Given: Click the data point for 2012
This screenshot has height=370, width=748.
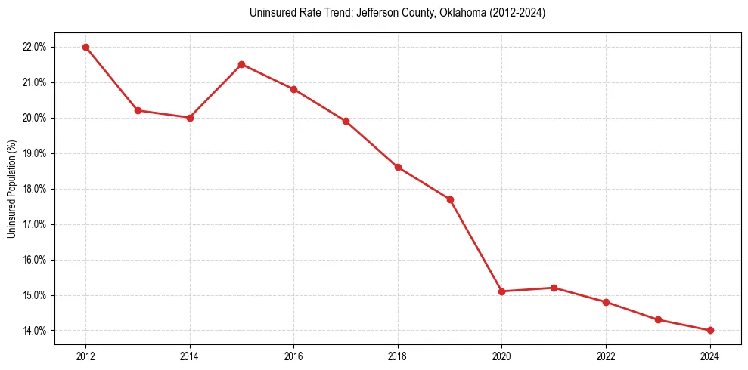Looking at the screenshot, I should pyautogui.click(x=85, y=47).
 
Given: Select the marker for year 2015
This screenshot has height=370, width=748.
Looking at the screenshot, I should pyautogui.click(x=241, y=64).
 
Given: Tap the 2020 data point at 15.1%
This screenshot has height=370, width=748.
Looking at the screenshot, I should pyautogui.click(x=501, y=291).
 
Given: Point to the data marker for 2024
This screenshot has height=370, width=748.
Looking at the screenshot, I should pyautogui.click(x=710, y=330).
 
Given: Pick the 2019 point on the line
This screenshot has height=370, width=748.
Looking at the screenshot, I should pyautogui.click(x=450, y=199).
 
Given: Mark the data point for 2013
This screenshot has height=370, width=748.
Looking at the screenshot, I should pyautogui.click(x=138, y=110).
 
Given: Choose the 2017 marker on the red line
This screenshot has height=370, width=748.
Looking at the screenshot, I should pyautogui.click(x=346, y=121).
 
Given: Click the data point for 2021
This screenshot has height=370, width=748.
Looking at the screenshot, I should pyautogui.click(x=554, y=288).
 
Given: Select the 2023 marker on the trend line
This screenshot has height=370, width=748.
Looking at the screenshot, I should pyautogui.click(x=658, y=319).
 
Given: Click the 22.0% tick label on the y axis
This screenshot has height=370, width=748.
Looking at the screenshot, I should pyautogui.click(x=35, y=47).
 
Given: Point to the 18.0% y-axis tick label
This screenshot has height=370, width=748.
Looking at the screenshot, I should pyautogui.click(x=35, y=189).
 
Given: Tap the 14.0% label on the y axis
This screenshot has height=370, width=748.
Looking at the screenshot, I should pyautogui.click(x=35, y=331).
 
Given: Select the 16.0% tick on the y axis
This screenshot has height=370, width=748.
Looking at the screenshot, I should pyautogui.click(x=35, y=260).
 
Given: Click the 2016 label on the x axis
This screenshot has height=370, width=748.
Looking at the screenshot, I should pyautogui.click(x=293, y=356).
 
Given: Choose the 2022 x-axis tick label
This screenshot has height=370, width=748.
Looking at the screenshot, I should pyautogui.click(x=606, y=356).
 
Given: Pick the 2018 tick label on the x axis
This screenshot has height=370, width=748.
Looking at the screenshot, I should pyautogui.click(x=398, y=356).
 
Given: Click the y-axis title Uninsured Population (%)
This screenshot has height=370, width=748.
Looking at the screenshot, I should pyautogui.click(x=11, y=189).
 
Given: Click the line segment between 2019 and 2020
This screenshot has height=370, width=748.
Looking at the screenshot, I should pyautogui.click(x=476, y=245).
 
